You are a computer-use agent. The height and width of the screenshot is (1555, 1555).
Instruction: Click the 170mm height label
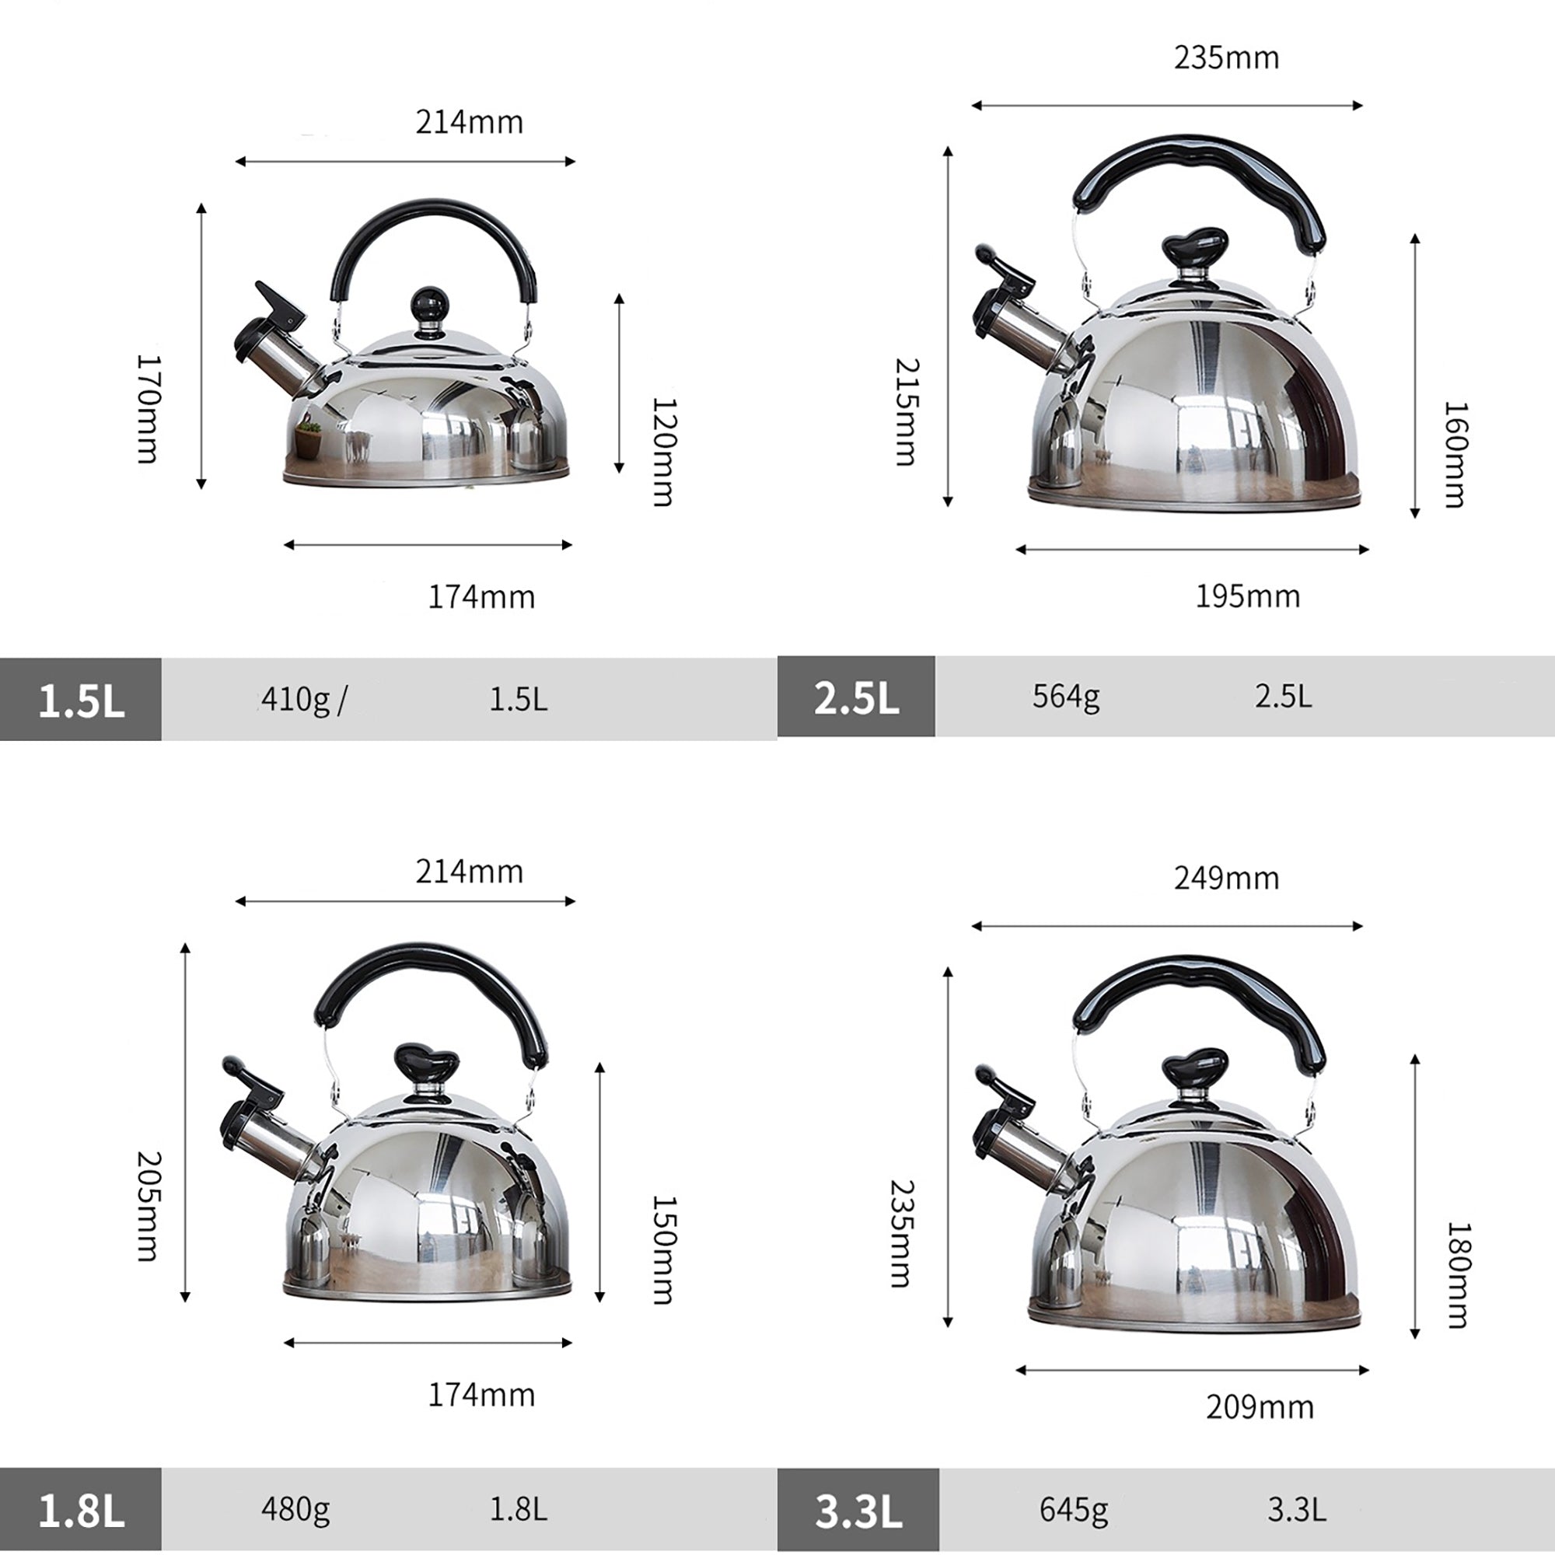148,409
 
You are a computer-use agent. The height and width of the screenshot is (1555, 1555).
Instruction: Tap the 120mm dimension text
664,452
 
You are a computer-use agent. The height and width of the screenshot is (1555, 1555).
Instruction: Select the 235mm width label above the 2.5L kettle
1226,58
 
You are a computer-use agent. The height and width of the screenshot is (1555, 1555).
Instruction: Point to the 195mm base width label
1248,596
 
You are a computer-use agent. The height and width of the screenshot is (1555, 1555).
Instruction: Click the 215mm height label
907,412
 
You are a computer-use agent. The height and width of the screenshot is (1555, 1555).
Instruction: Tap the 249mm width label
1226,878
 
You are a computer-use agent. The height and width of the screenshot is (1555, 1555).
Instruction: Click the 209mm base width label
1260,1407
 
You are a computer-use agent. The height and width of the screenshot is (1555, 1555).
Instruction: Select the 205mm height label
148,1206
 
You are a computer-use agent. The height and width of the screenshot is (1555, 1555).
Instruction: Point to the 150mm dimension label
664,1250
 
